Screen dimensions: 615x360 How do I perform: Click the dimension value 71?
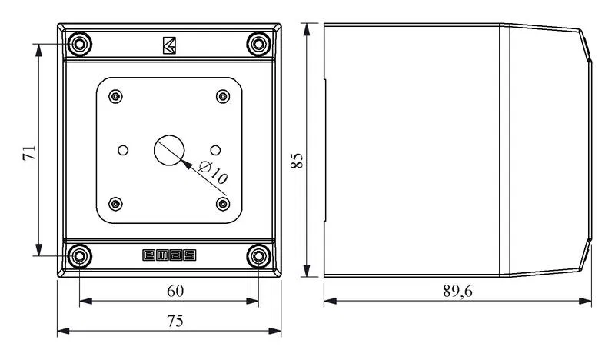click(29, 153)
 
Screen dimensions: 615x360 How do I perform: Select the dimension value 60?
click(175, 291)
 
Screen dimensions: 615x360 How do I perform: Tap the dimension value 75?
click(175, 321)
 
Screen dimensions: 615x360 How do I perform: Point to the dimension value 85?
click(297, 161)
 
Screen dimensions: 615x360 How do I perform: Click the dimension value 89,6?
click(457, 291)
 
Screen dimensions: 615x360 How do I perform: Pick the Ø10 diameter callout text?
click(214, 172)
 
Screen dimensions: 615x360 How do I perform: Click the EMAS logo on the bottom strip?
click(169, 255)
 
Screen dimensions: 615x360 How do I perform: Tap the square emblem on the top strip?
click(169, 45)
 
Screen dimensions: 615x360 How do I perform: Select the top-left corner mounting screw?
click(80, 44)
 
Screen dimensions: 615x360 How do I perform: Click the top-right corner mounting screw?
click(259, 44)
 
